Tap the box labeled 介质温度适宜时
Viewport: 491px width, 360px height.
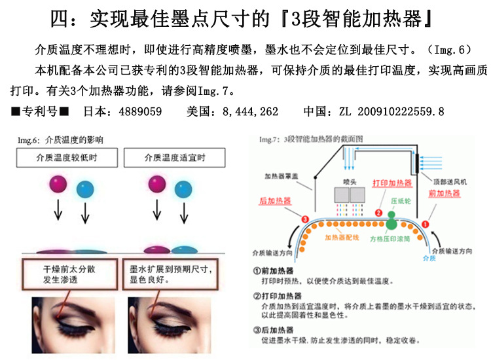175,158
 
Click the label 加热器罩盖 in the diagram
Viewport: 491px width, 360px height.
280,176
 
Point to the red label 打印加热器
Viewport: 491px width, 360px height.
391,183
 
